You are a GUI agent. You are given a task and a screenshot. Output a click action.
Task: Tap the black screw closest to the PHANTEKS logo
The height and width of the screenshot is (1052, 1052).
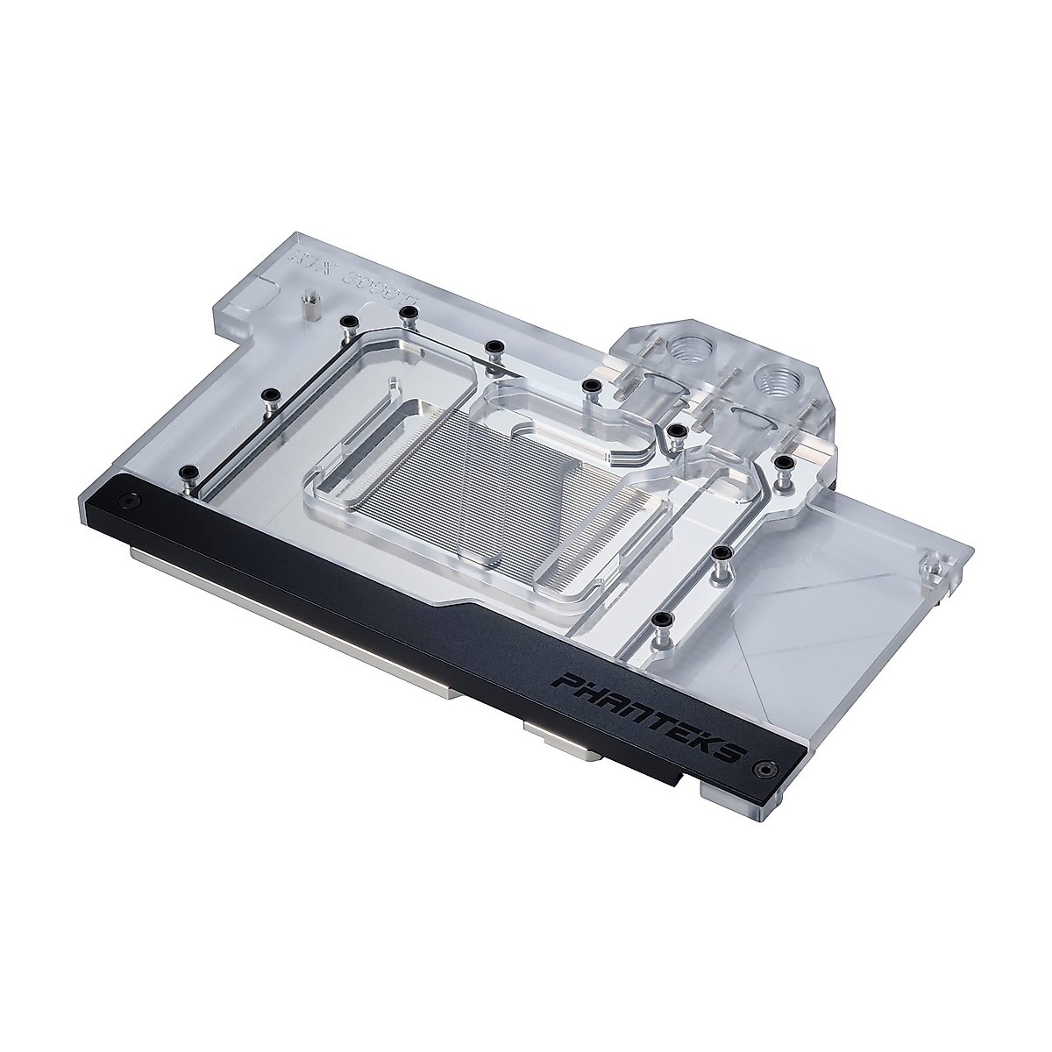tap(659, 620)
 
